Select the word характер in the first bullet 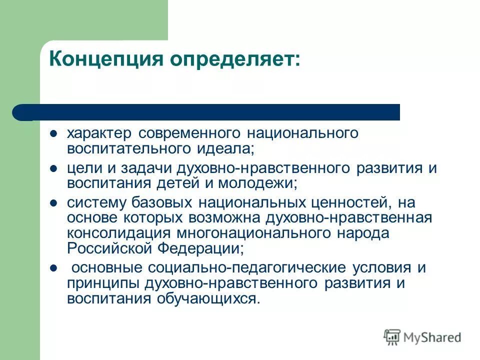pos(99,133)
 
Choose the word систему pos(95,203)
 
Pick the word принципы pos(98,283)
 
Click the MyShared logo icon pos(392,336)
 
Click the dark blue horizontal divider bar pos(210,112)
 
